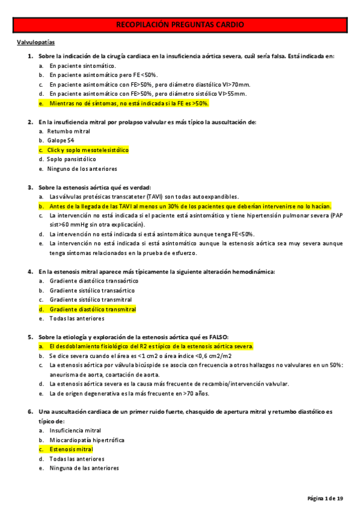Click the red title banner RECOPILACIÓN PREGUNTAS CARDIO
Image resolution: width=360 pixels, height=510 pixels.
pos(180,25)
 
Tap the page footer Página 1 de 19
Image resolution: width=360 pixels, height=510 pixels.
pos(325,499)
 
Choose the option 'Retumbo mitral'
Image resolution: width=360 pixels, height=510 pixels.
pos(70,131)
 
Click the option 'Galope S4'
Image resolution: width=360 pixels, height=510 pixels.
pos(63,140)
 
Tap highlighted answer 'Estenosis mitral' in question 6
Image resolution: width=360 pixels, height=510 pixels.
pos(71,449)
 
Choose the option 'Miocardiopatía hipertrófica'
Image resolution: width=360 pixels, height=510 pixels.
pos(87,440)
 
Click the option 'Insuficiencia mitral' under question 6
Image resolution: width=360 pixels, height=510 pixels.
pos(75,430)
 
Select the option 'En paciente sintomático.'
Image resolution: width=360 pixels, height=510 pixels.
pos(83,66)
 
